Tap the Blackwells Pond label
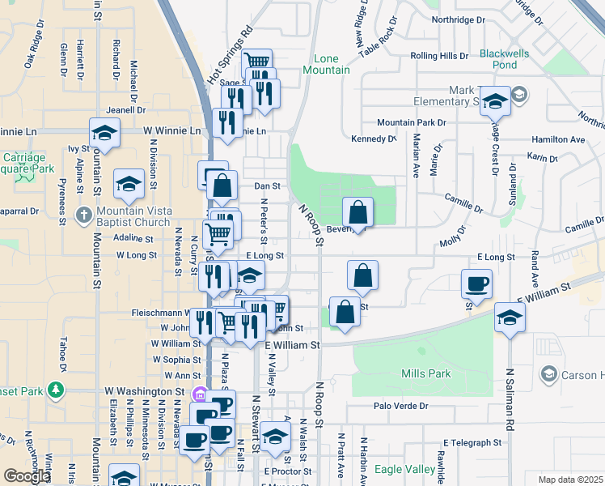click(504, 59)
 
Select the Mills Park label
click(425, 373)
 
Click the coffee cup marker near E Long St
click(476, 283)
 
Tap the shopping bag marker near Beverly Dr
click(358, 213)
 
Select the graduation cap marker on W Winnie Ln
click(105, 133)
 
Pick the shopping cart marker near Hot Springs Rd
click(256, 62)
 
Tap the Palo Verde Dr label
click(400, 406)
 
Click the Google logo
click(25, 476)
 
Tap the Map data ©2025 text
click(570, 480)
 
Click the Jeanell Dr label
click(125, 110)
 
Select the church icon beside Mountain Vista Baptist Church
click(83, 216)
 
